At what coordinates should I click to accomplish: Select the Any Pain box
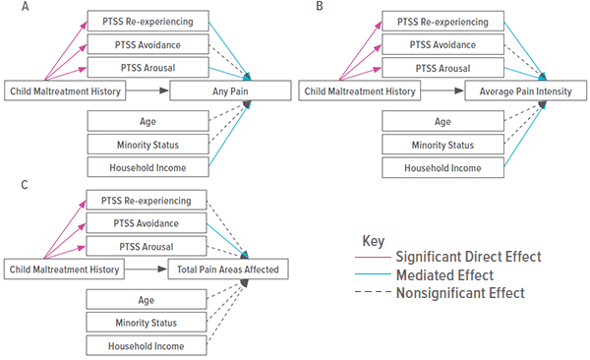coord(230,91)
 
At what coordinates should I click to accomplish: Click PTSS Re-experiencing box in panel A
coord(147,20)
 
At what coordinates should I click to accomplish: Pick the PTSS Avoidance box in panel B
coord(443,44)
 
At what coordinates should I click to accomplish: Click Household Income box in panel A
coord(147,167)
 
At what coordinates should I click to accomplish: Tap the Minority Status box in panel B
coord(443,145)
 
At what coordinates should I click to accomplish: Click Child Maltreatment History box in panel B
coord(361,91)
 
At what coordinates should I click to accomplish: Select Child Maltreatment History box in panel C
coord(64,268)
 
